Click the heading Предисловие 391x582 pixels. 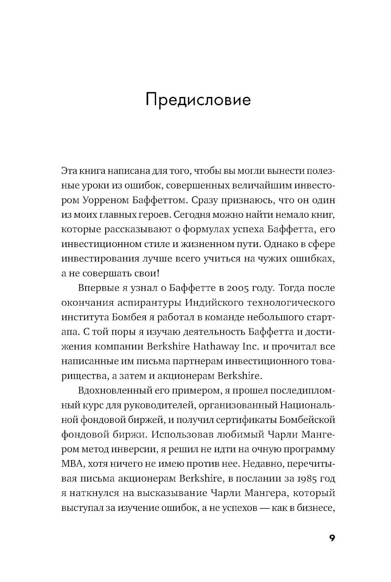point(197,100)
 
